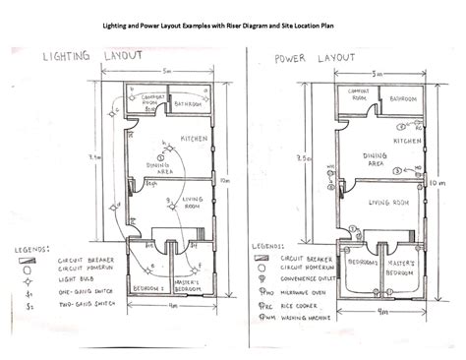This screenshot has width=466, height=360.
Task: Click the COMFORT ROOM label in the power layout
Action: (x=354, y=95)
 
